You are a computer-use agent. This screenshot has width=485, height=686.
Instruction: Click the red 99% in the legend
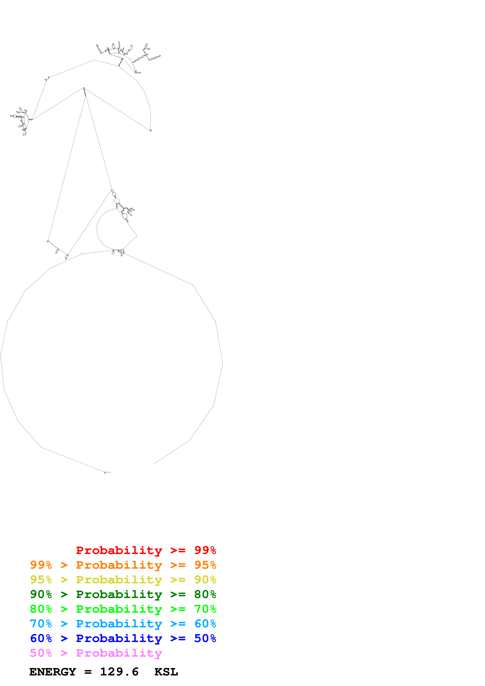(205, 550)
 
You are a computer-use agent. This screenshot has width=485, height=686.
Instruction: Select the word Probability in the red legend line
(119, 550)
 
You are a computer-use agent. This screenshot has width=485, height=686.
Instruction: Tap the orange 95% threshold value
(205, 565)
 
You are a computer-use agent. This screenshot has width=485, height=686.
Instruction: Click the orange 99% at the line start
(41, 565)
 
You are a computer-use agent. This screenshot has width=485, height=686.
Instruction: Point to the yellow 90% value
(205, 579)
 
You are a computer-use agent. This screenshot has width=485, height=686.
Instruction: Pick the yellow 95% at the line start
(41, 579)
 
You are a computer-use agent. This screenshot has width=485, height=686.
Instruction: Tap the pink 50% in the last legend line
(41, 653)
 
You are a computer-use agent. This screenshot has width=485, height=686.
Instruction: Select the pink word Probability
(119, 653)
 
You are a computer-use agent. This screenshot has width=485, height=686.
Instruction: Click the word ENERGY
(53, 672)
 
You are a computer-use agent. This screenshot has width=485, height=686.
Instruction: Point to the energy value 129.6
(119, 672)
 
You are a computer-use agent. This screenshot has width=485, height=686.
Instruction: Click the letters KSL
(166, 672)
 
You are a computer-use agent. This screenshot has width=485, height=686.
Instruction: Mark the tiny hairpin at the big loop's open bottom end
(105, 473)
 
